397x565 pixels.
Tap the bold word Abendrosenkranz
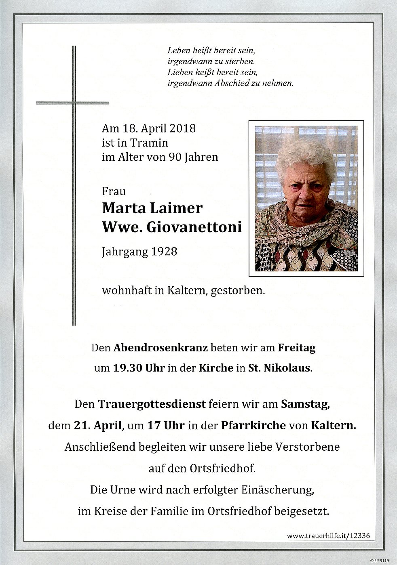coord(161,348)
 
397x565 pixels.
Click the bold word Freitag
coord(296,348)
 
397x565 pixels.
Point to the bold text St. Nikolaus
coord(285,368)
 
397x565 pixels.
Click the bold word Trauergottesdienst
coord(152,404)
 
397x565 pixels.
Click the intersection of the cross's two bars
coord(74,103)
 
